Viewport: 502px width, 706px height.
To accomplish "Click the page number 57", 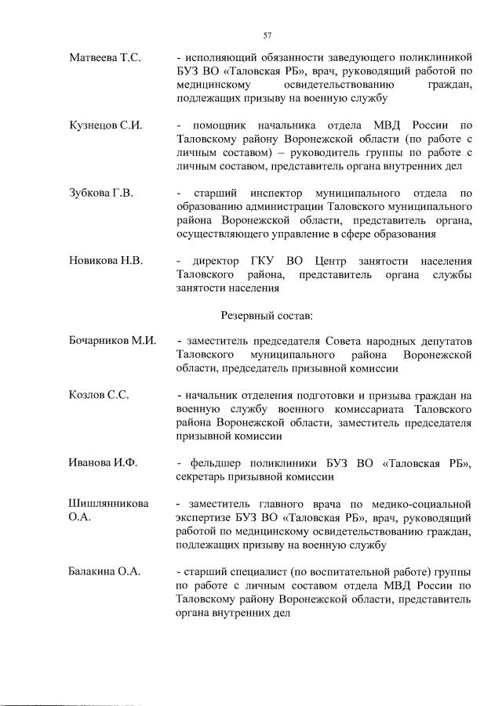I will [x=267, y=35].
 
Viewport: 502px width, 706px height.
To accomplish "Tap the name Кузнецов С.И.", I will [x=105, y=125].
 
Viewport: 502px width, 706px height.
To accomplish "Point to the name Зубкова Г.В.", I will [x=100, y=194].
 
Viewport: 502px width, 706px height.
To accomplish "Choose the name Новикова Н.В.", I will [x=105, y=261].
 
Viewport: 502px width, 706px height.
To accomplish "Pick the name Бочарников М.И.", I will [x=113, y=342].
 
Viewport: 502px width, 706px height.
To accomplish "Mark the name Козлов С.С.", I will [x=99, y=396].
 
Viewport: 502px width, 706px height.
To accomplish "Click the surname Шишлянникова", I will [x=109, y=503].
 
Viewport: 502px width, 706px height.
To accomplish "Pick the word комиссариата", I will [x=373, y=410].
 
